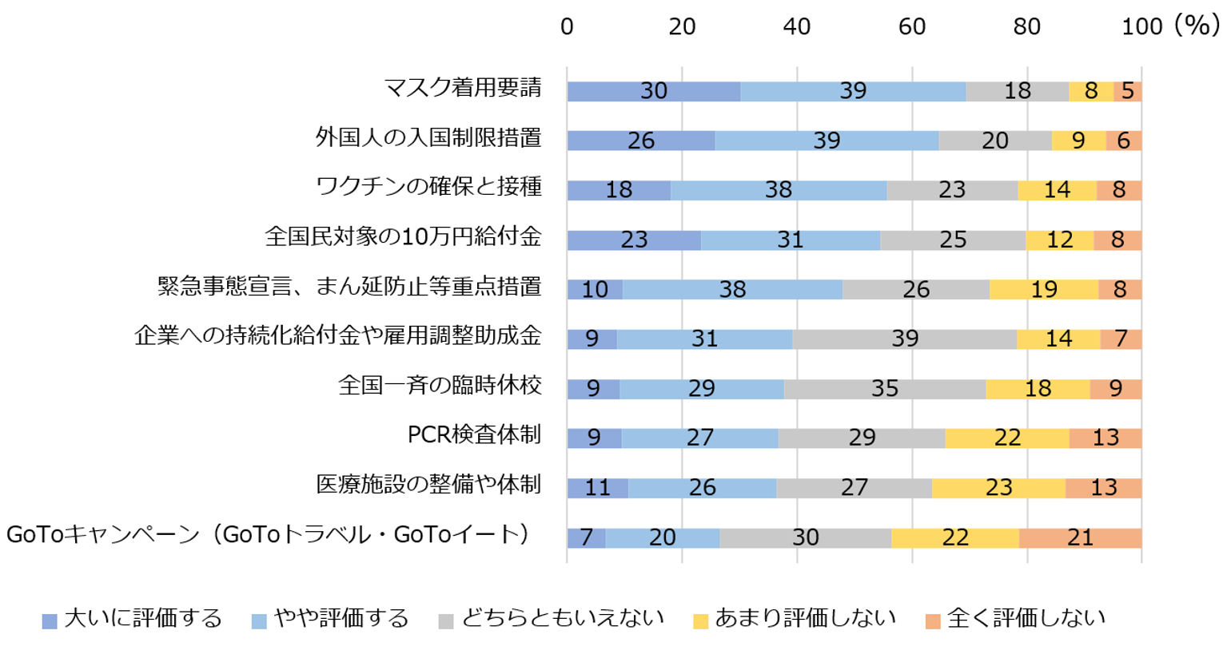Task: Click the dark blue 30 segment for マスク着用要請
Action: [653, 91]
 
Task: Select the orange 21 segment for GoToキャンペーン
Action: [1080, 537]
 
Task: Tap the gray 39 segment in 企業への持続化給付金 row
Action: [904, 339]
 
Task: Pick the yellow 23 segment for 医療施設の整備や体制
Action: [998, 487]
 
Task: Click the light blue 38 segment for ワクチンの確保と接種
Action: [778, 190]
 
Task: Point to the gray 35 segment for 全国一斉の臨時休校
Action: [884, 389]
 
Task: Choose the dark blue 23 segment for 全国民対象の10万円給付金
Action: [634, 240]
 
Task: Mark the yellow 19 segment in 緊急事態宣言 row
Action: [1043, 289]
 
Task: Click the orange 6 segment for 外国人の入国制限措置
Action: [1123, 141]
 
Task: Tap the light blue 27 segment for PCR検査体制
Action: [699, 438]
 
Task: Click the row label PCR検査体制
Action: [474, 435]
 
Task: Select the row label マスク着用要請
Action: [463, 88]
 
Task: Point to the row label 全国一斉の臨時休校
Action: [440, 386]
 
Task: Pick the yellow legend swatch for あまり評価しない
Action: [701, 621]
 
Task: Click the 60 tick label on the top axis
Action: [911, 27]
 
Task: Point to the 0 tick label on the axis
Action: [567, 27]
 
